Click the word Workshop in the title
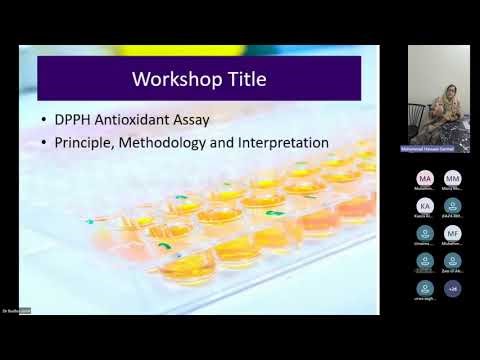point(173,78)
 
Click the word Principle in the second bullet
point(87,143)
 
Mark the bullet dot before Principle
point(46,144)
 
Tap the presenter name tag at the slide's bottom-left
point(12,311)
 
